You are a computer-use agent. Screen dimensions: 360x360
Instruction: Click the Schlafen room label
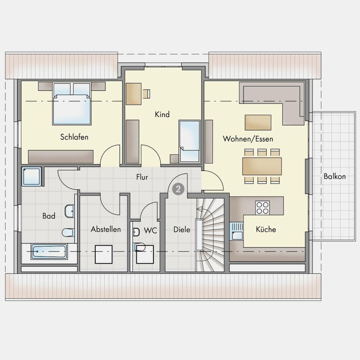click(x=74, y=137)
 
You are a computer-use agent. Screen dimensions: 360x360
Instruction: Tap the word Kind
click(x=162, y=114)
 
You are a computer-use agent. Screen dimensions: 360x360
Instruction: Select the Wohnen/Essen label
click(x=248, y=139)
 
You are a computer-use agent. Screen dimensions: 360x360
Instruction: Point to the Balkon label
click(x=334, y=176)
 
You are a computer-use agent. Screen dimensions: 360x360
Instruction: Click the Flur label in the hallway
click(x=142, y=177)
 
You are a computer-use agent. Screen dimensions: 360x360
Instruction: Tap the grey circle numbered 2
click(x=178, y=189)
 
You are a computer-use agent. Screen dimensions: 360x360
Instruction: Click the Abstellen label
click(x=105, y=229)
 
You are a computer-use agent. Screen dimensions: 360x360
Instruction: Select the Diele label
click(x=181, y=230)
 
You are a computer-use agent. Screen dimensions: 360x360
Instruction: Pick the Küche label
click(x=266, y=229)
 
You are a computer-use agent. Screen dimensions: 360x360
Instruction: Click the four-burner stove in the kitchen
click(x=263, y=208)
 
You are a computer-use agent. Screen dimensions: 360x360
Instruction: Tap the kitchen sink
click(x=237, y=231)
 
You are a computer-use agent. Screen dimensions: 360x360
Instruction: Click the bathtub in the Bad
click(x=49, y=252)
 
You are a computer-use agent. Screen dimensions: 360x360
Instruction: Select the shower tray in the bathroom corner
click(x=32, y=176)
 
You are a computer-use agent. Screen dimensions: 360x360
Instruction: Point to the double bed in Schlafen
click(x=72, y=104)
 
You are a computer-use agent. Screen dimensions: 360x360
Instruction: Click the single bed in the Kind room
click(x=190, y=141)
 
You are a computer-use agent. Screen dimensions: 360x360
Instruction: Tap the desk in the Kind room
click(x=134, y=94)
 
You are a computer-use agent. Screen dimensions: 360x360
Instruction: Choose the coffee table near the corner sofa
click(x=258, y=123)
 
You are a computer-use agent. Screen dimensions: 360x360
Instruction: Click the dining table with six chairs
click(x=262, y=166)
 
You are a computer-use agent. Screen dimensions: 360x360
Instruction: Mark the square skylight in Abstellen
click(x=104, y=255)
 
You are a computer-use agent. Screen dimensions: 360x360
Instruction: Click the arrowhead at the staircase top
click(x=199, y=209)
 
